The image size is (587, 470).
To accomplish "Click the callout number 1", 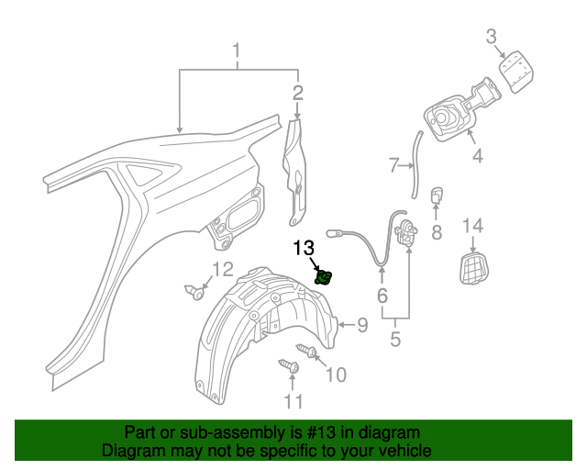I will coord(237,52).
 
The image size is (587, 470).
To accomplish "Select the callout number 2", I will coord(297,92).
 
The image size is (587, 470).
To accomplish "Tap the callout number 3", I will coord(491,37).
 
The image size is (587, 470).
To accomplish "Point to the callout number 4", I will coord(477,156).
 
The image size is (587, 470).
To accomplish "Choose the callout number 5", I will coord(395,340).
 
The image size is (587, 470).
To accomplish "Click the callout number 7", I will coord(393,166).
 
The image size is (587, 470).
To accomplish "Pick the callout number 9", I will coord(361,324).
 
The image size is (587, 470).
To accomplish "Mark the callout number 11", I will coord(293,401).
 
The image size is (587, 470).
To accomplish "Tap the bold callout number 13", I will coord(304,248).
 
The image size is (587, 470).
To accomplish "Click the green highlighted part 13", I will coord(324,276).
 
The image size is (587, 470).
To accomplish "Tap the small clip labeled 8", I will coord(437,196).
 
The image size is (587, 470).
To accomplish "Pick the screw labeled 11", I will coord(290,367).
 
